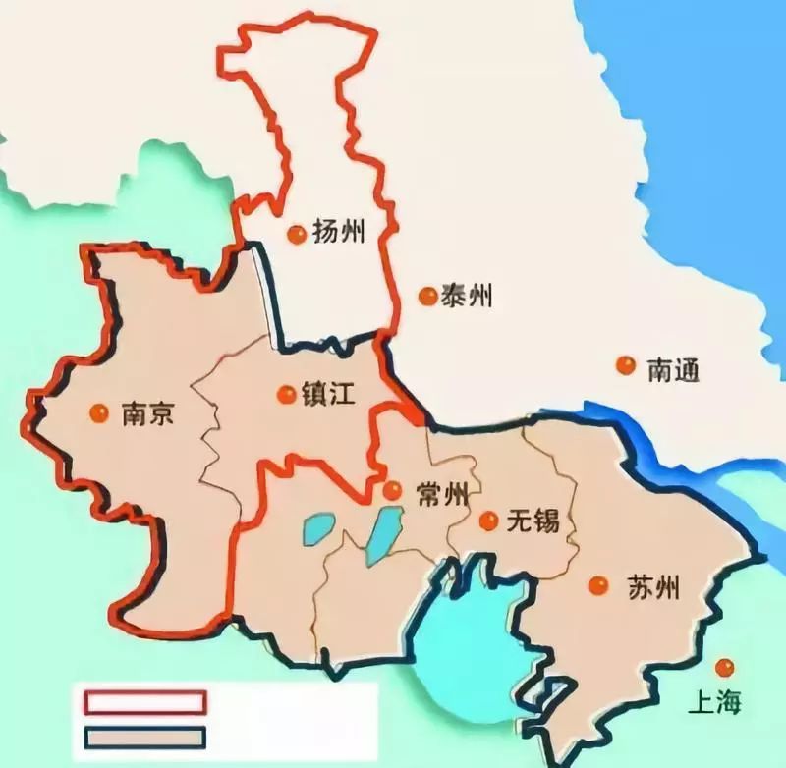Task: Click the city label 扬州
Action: coord(339,232)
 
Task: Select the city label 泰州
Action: coord(467,295)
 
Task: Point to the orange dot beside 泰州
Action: coord(426,296)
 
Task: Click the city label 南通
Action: coord(673,369)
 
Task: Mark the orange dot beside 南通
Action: coord(625,365)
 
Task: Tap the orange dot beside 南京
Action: coord(98,413)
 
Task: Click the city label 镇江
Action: coord(329,394)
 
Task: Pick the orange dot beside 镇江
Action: coord(286,394)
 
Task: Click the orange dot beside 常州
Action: coord(392,490)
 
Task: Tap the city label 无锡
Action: coord(533,521)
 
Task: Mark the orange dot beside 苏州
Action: coord(597,586)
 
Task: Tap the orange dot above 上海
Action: coord(725,668)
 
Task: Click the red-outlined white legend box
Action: coord(145,701)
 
